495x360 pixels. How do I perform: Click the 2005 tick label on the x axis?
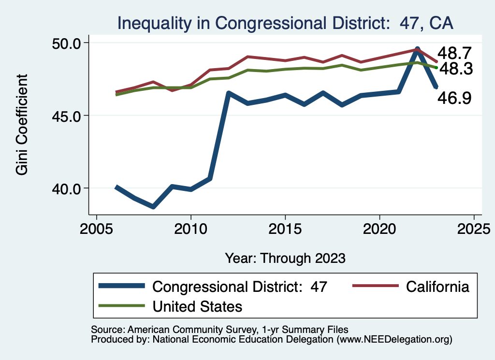(x=97, y=228)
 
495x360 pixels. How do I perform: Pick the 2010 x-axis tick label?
(x=191, y=228)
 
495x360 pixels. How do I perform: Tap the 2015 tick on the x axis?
(x=285, y=228)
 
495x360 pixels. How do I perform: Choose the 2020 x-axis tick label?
(x=379, y=228)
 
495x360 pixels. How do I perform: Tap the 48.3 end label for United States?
(x=455, y=69)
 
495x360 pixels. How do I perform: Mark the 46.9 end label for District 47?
(x=454, y=99)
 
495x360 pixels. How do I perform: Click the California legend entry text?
(x=437, y=287)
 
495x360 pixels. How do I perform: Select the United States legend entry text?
(x=197, y=306)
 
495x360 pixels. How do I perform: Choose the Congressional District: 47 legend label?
(x=240, y=287)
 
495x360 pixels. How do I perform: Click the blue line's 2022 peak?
(x=417, y=49)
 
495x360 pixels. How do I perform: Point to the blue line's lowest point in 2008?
(x=153, y=206)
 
